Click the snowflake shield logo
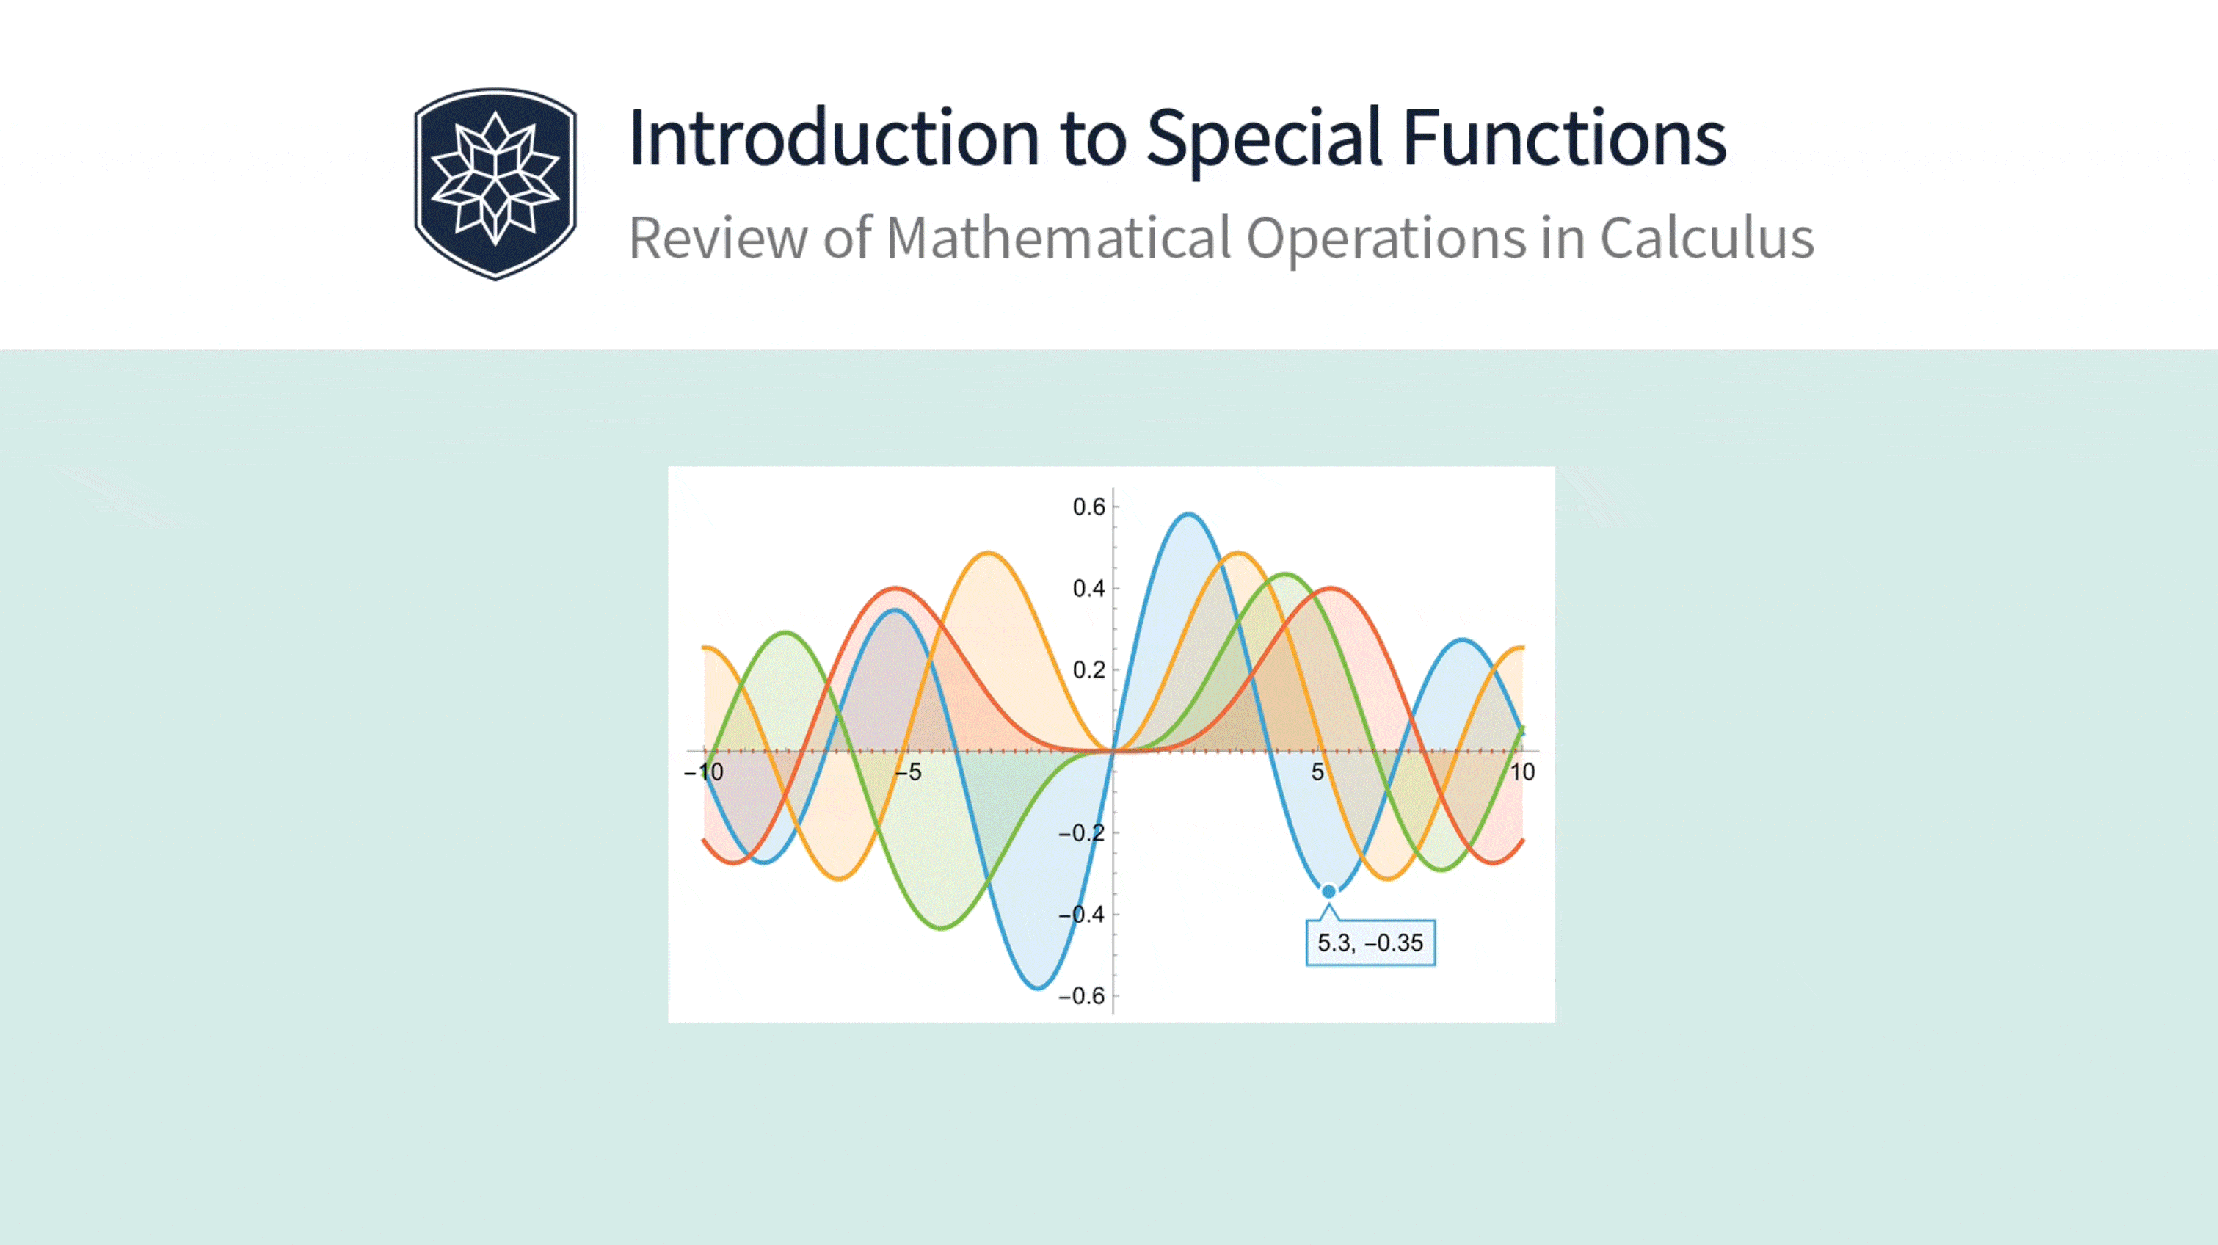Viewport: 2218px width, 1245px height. coord(495,184)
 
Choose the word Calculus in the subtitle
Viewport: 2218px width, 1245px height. coord(1707,238)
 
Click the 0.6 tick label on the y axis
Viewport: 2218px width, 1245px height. coord(1088,507)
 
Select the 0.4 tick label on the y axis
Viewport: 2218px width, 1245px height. coord(1088,589)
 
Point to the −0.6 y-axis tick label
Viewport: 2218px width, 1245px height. coord(1081,996)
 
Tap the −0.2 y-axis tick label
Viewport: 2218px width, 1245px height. coord(1081,833)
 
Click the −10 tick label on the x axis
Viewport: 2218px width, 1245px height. coord(703,772)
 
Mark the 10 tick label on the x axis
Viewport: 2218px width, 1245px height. coord(1522,772)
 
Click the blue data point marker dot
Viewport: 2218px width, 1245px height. coord(1328,891)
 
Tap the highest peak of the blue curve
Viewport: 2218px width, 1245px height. coord(1188,515)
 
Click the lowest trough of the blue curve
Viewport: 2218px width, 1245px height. coord(1038,987)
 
